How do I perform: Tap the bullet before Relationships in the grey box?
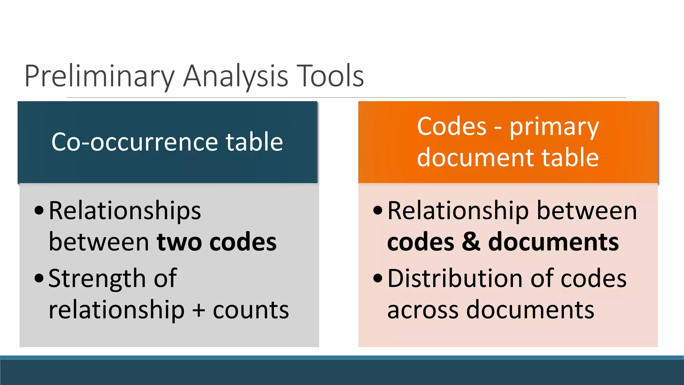point(39,211)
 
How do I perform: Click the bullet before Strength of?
point(39,278)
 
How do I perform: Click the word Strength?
point(97,279)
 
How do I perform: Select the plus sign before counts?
point(199,310)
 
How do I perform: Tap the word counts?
point(250,310)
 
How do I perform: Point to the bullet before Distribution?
point(378,278)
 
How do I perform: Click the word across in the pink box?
point(423,310)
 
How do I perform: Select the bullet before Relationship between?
point(378,211)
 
